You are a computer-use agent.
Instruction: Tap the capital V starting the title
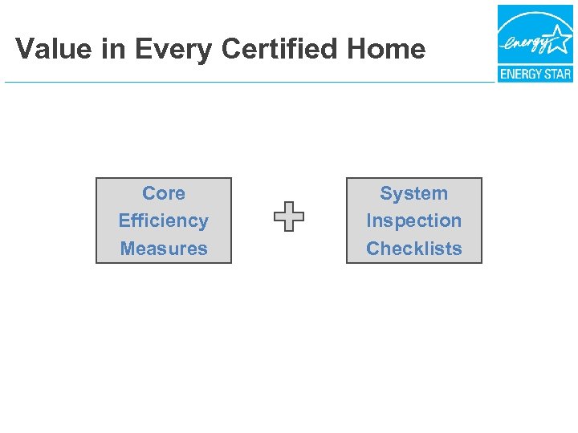click(23, 49)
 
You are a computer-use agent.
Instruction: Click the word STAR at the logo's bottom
click(557, 75)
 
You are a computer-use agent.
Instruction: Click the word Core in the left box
click(164, 193)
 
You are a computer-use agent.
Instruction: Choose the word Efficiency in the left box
click(164, 221)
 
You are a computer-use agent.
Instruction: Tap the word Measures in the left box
click(164, 249)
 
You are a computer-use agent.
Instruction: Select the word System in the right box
click(413, 193)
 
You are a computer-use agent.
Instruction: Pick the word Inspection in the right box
click(413, 221)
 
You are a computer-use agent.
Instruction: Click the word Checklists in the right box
click(413, 249)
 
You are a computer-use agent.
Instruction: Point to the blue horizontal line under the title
click(241, 82)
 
